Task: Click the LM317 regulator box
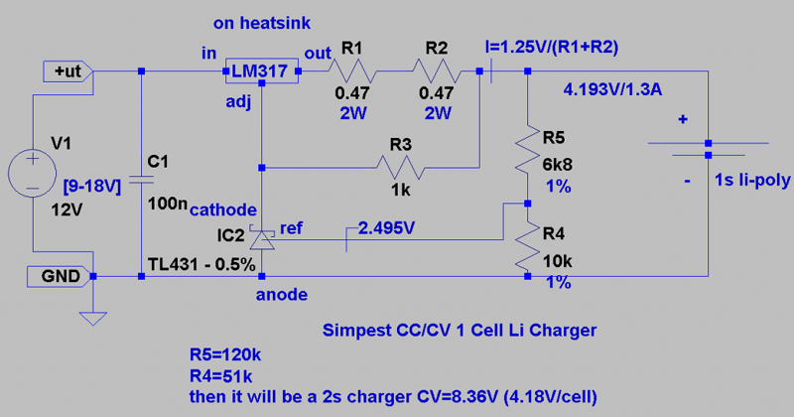click(x=260, y=71)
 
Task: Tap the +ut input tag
click(x=67, y=71)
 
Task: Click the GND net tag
click(x=64, y=276)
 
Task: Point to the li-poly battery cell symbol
click(x=709, y=149)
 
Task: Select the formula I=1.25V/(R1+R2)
click(x=556, y=48)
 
